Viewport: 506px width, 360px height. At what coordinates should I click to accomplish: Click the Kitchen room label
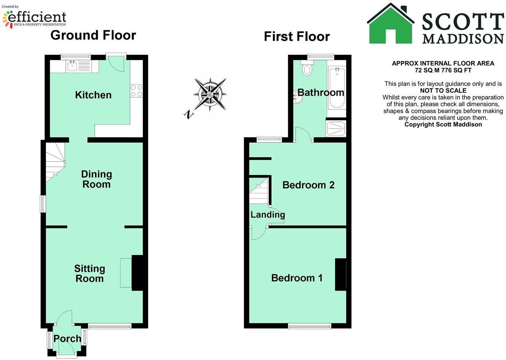point(93,95)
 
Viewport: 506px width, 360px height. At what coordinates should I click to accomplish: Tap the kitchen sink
point(72,66)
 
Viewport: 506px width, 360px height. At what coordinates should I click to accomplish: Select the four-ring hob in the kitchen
point(136,91)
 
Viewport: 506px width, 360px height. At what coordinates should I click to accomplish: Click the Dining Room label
point(96,179)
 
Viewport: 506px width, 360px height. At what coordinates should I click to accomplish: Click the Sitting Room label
point(90,274)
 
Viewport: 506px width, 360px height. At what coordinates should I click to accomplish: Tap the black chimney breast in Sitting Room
point(137,273)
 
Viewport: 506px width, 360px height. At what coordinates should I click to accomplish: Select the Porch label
point(67,339)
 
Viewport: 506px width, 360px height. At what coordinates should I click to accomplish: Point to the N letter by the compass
point(188,114)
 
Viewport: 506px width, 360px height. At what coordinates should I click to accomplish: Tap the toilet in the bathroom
point(307,69)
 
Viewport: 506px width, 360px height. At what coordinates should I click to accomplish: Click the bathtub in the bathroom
point(336,88)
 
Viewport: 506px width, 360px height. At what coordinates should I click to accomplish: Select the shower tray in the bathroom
point(336,129)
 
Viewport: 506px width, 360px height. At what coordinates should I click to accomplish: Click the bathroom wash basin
point(298,98)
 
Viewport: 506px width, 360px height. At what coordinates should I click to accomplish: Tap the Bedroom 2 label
point(308,185)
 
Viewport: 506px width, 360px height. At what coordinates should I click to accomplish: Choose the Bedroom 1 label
point(297,278)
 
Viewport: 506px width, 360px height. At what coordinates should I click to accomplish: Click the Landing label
point(267,215)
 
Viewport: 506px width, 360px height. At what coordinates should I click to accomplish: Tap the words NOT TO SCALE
point(443,91)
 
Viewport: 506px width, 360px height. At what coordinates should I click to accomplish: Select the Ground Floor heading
point(93,35)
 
